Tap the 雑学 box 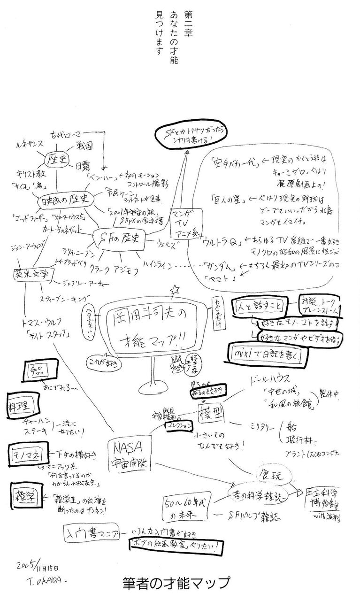(25, 494)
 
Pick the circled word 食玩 (269, 475)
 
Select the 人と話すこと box (259, 306)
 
